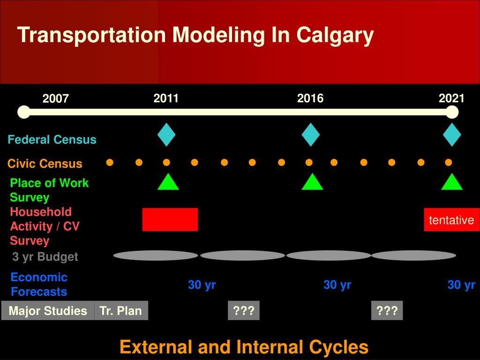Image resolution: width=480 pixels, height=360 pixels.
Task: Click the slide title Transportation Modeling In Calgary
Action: tap(195, 36)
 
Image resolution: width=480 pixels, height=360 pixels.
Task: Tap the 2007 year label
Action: tap(56, 99)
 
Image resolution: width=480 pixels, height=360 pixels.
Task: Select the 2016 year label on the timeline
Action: tap(310, 98)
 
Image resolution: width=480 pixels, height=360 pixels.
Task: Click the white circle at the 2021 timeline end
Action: tap(451, 112)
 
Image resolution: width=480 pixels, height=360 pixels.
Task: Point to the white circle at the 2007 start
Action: tap(23, 112)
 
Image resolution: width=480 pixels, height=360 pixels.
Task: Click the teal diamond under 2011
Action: tap(166, 135)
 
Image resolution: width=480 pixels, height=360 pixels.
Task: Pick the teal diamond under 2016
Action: tap(310, 135)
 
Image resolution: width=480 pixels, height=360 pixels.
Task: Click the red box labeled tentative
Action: tap(451, 220)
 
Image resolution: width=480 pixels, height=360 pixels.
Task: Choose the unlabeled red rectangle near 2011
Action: tap(170, 219)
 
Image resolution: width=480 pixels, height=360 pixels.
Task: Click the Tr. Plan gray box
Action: tap(121, 311)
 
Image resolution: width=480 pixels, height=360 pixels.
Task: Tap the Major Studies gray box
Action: tap(48, 311)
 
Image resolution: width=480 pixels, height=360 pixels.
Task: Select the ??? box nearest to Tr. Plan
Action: tap(244, 311)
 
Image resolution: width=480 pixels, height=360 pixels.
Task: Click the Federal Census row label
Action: tap(52, 140)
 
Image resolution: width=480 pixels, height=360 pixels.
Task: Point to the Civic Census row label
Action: tap(45, 164)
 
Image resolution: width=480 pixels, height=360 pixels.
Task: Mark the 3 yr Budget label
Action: tap(45, 256)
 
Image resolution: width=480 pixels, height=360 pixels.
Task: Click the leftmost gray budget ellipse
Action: tap(156, 255)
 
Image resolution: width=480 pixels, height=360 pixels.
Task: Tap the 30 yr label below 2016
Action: tap(337, 285)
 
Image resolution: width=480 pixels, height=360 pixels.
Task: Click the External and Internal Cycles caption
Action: tap(244, 347)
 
